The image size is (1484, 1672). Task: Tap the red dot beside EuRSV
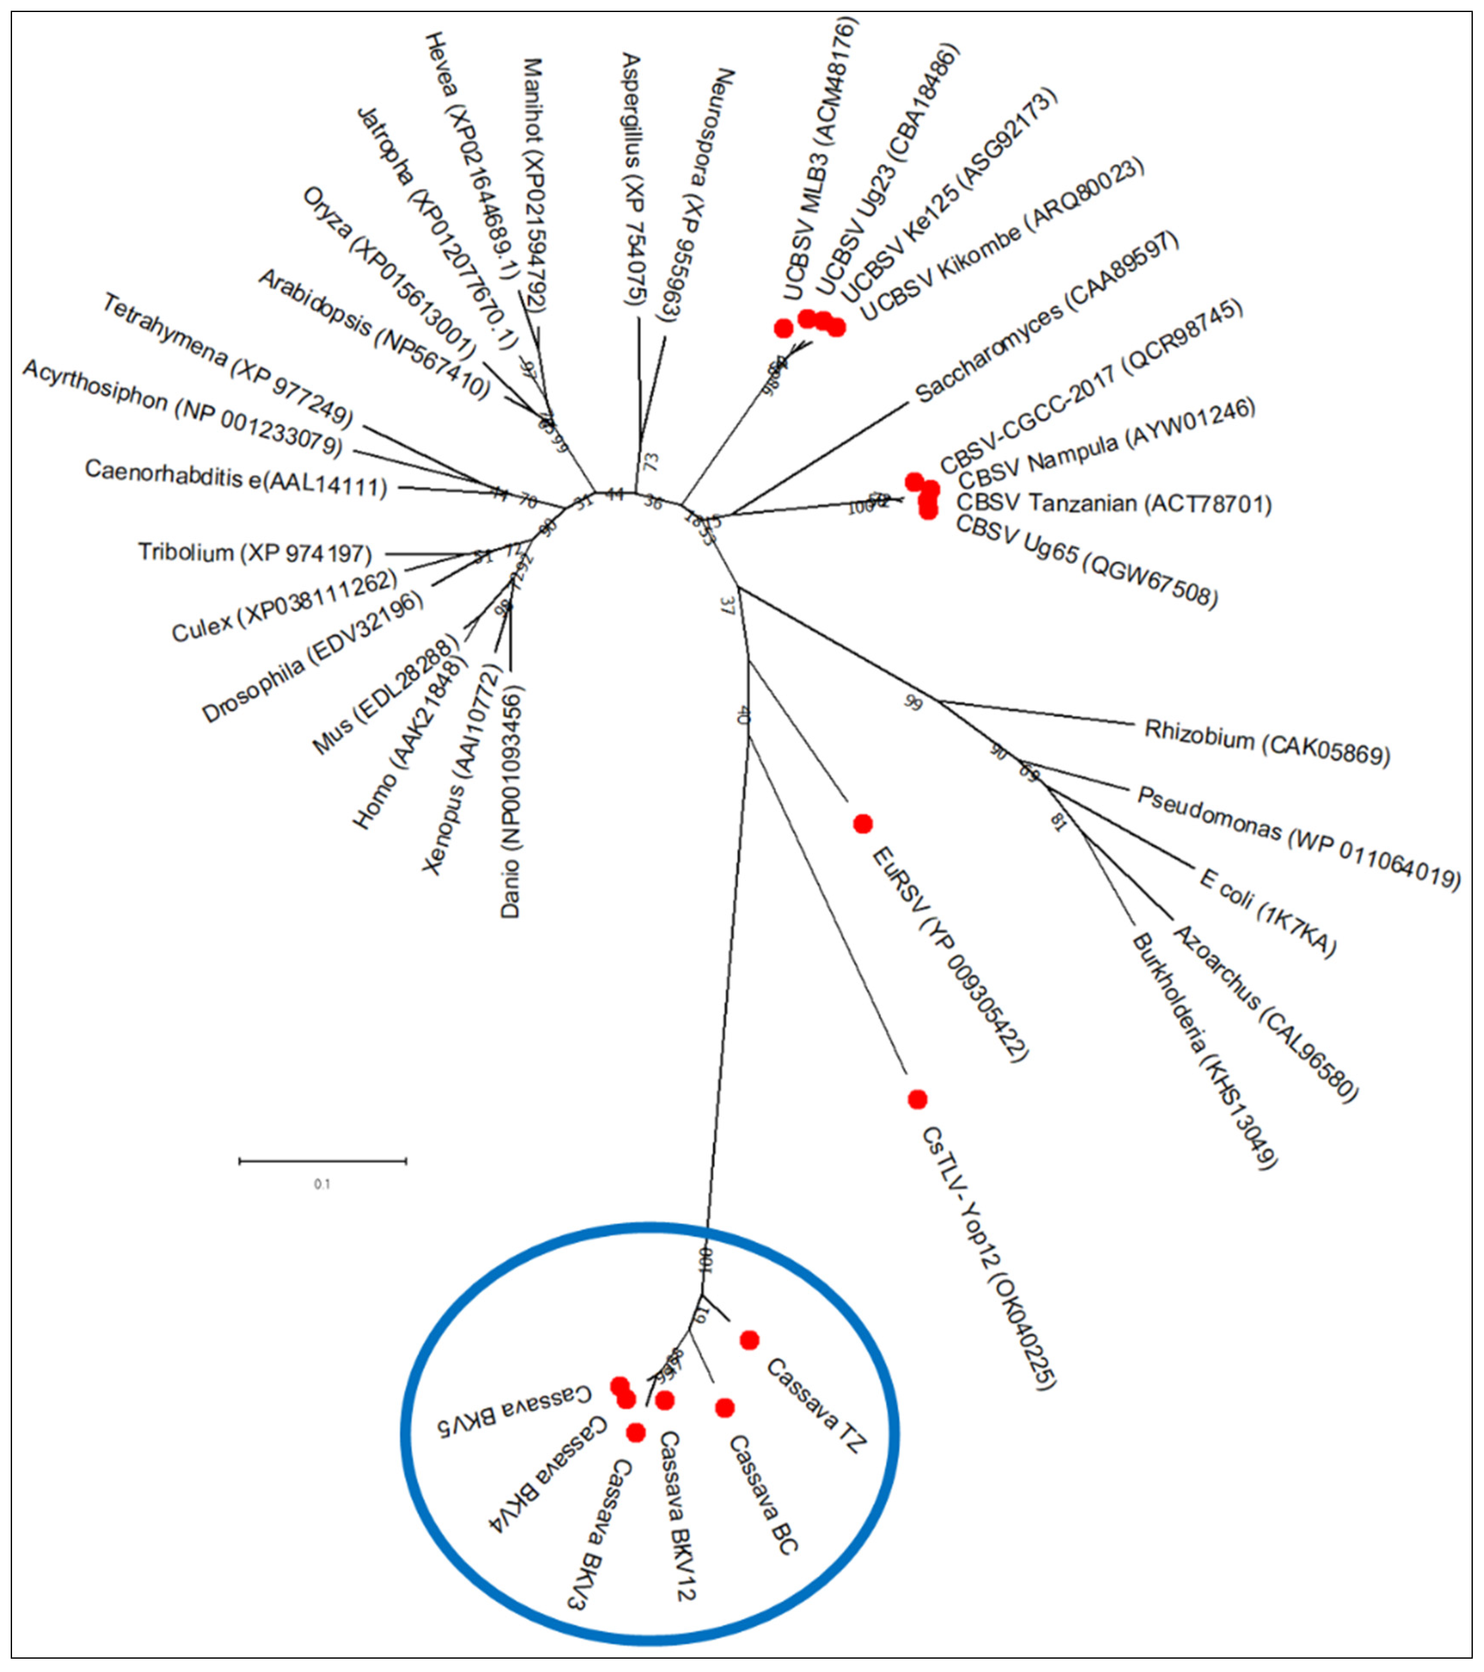pyautogui.click(x=862, y=824)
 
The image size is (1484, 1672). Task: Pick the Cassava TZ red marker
pyautogui.click(x=748, y=1340)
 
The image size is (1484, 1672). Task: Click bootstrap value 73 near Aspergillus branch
pyautogui.click(x=651, y=461)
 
